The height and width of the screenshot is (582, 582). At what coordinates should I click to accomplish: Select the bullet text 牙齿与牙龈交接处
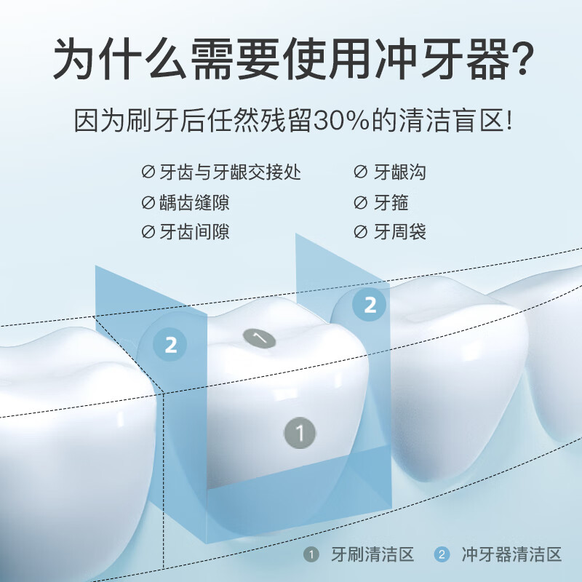(230, 172)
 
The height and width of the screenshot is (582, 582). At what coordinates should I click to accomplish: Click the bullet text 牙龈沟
(399, 172)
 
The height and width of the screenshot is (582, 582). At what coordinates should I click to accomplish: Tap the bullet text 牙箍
(391, 202)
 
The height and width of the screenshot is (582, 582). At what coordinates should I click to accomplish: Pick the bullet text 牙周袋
(399, 232)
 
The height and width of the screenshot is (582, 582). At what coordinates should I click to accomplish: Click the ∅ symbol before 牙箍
(360, 202)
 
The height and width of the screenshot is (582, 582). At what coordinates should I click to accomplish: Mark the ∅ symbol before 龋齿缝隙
(148, 202)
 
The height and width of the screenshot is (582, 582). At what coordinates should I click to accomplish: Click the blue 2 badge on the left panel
(171, 344)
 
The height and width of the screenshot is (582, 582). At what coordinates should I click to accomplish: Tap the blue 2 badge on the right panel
(370, 304)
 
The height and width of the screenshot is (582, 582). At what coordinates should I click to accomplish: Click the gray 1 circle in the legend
(311, 555)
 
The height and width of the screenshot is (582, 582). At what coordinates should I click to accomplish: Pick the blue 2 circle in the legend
(442, 555)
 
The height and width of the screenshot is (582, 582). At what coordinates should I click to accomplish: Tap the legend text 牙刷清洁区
(371, 555)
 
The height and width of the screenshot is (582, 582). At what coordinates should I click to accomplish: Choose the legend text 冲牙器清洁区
(511, 555)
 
